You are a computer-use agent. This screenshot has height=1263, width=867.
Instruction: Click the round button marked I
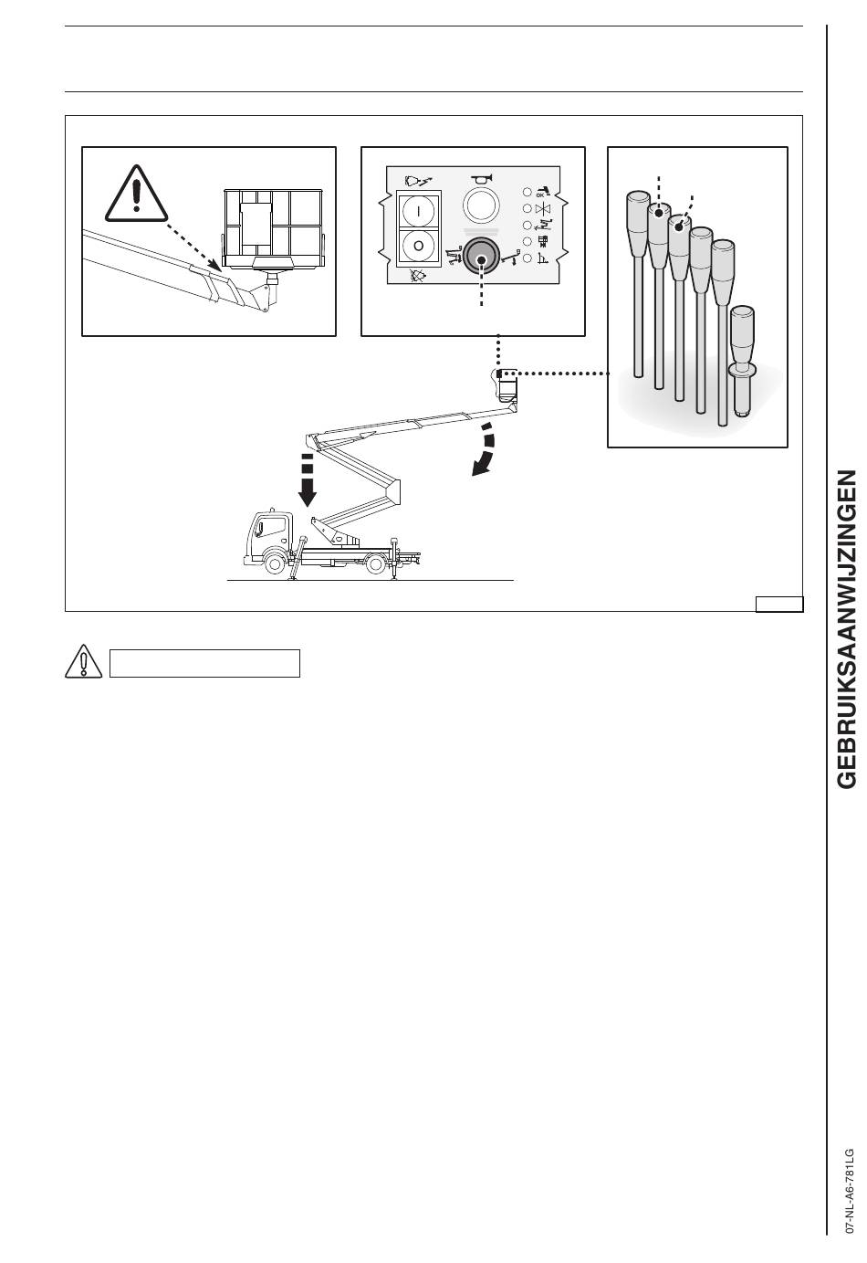coord(419,210)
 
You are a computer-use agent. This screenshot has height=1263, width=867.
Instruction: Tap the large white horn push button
coord(481,205)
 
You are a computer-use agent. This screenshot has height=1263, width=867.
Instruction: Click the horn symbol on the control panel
coord(481,178)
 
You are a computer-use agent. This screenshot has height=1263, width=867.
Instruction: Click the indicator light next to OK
coord(528,192)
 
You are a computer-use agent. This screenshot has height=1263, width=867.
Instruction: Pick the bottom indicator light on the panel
coord(528,258)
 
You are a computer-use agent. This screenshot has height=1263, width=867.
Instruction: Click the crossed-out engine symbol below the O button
coord(417,276)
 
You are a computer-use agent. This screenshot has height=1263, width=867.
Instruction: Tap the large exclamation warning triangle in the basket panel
coord(136,193)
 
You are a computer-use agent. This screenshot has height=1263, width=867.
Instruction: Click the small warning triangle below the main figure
coord(83,661)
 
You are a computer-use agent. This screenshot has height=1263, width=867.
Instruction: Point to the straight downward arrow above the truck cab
coord(307,479)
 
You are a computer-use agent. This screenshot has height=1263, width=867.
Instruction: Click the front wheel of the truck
coord(275,563)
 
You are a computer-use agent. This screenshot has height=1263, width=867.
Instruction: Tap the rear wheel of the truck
coord(376,563)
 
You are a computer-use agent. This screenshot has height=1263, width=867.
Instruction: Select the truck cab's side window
coord(272,527)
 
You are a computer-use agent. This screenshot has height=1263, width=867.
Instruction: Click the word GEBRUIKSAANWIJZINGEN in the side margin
coord(847,629)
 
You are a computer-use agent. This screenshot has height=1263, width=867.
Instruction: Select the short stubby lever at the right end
coord(743,362)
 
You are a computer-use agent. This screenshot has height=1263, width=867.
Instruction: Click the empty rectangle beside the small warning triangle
coord(204,663)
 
